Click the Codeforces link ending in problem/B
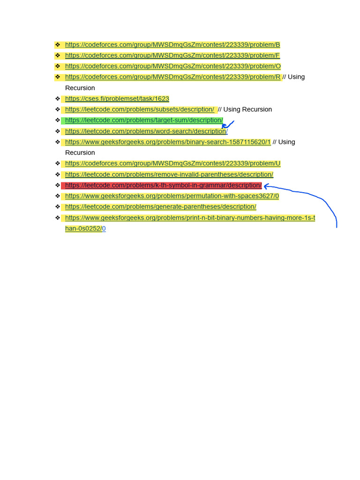(172, 45)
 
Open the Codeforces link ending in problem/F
(172, 56)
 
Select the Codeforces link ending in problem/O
(172, 67)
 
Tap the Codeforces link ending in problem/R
(172, 77)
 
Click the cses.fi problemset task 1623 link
(117, 99)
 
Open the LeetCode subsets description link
(140, 110)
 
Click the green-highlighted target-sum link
(144, 120)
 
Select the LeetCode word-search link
(146, 131)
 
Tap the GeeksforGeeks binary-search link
(168, 142)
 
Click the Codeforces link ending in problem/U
(172, 164)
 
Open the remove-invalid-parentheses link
(169, 175)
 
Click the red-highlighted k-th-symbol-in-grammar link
(163, 186)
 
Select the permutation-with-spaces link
(172, 196)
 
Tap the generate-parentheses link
(160, 207)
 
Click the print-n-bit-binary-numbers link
(190, 218)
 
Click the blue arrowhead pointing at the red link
(266, 187)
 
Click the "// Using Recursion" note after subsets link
(245, 110)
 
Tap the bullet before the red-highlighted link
(58, 186)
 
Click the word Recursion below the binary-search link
(80, 153)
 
